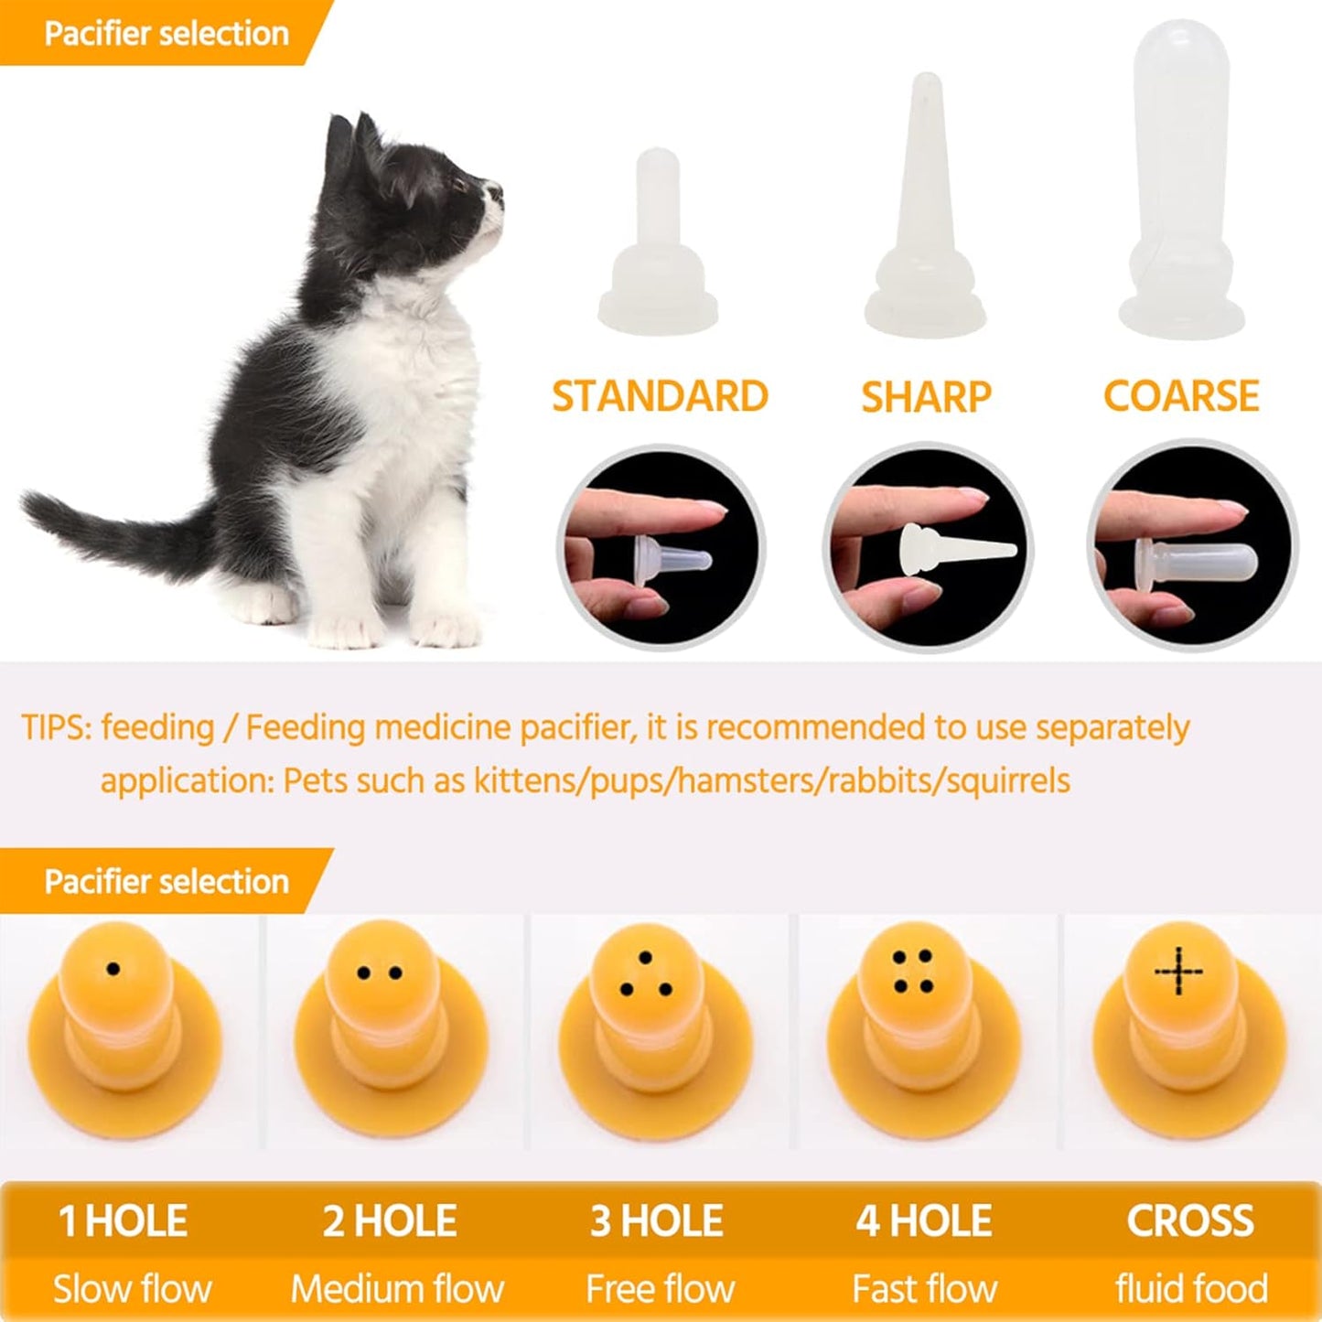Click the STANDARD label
[x=660, y=396]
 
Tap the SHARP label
[x=926, y=397]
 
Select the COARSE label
[x=1181, y=396]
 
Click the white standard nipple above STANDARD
[x=657, y=247]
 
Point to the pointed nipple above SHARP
[x=925, y=210]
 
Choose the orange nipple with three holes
[x=655, y=1016]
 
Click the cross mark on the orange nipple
[x=1178, y=971]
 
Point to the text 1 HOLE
[x=123, y=1221]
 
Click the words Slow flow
[x=132, y=1289]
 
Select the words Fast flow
[x=924, y=1289]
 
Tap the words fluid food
[x=1191, y=1289]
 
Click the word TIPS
[x=54, y=728]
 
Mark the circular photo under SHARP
[x=927, y=547]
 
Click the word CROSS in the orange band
[x=1190, y=1221]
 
